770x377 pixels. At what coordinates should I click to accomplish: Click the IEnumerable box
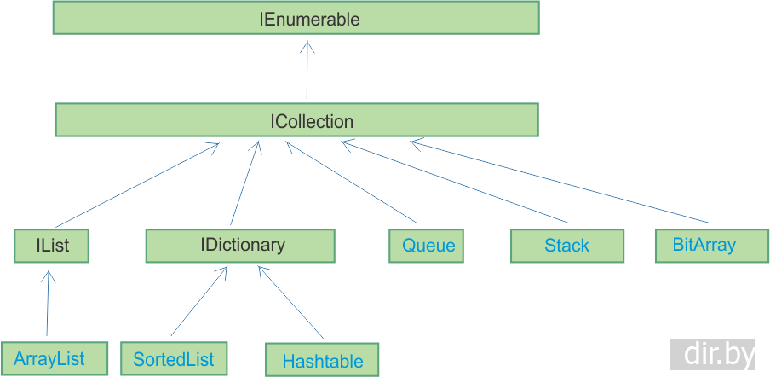(x=296, y=18)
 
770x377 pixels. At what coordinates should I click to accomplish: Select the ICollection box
(x=296, y=120)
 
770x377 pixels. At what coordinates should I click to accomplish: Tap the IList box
(x=52, y=246)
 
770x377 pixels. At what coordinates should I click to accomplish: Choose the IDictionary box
(x=240, y=246)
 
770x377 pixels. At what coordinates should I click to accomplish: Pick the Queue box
(x=428, y=246)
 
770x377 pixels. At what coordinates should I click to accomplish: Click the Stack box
(x=566, y=246)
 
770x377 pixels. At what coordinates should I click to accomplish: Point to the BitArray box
(x=704, y=245)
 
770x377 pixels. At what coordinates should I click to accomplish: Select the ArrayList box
(x=55, y=358)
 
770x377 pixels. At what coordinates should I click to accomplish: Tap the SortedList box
(x=174, y=358)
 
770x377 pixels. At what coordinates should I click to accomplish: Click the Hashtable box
(x=322, y=361)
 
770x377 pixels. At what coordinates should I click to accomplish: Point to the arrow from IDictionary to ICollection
(x=244, y=183)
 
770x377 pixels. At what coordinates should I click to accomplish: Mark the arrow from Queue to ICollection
(x=352, y=185)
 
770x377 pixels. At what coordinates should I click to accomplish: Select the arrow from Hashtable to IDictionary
(x=290, y=303)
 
